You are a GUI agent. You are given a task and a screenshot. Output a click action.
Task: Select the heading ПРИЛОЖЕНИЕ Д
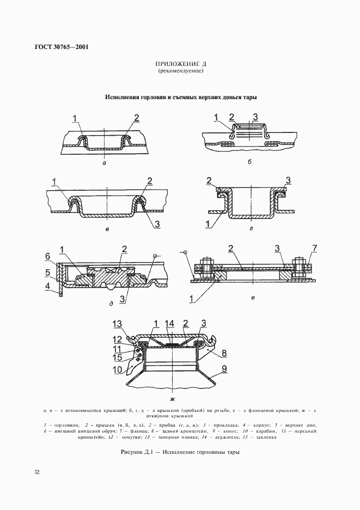[180, 64]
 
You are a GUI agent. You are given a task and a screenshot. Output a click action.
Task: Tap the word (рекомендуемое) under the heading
[180, 71]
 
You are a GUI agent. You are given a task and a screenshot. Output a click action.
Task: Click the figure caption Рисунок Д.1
[180, 452]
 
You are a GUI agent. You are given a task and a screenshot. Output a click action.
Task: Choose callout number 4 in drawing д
[47, 284]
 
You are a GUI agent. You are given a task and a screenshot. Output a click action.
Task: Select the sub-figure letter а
[103, 162]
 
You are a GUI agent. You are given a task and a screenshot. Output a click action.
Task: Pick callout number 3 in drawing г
[289, 180]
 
